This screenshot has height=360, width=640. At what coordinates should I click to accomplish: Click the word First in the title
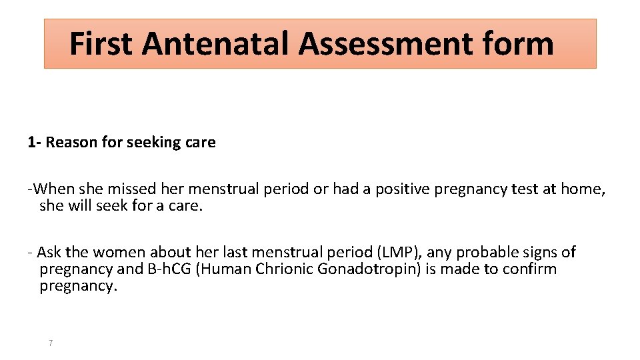point(101,44)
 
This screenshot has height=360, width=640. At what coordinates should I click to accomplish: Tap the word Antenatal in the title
point(216,44)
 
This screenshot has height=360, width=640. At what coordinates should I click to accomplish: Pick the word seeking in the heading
point(149,143)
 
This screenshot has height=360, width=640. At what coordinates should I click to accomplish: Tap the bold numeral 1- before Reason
point(35,143)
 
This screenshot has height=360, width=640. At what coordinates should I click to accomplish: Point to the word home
point(581,189)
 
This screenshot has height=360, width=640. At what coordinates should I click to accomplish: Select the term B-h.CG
point(172,269)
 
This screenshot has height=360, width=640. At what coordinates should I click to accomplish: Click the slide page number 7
point(51,343)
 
